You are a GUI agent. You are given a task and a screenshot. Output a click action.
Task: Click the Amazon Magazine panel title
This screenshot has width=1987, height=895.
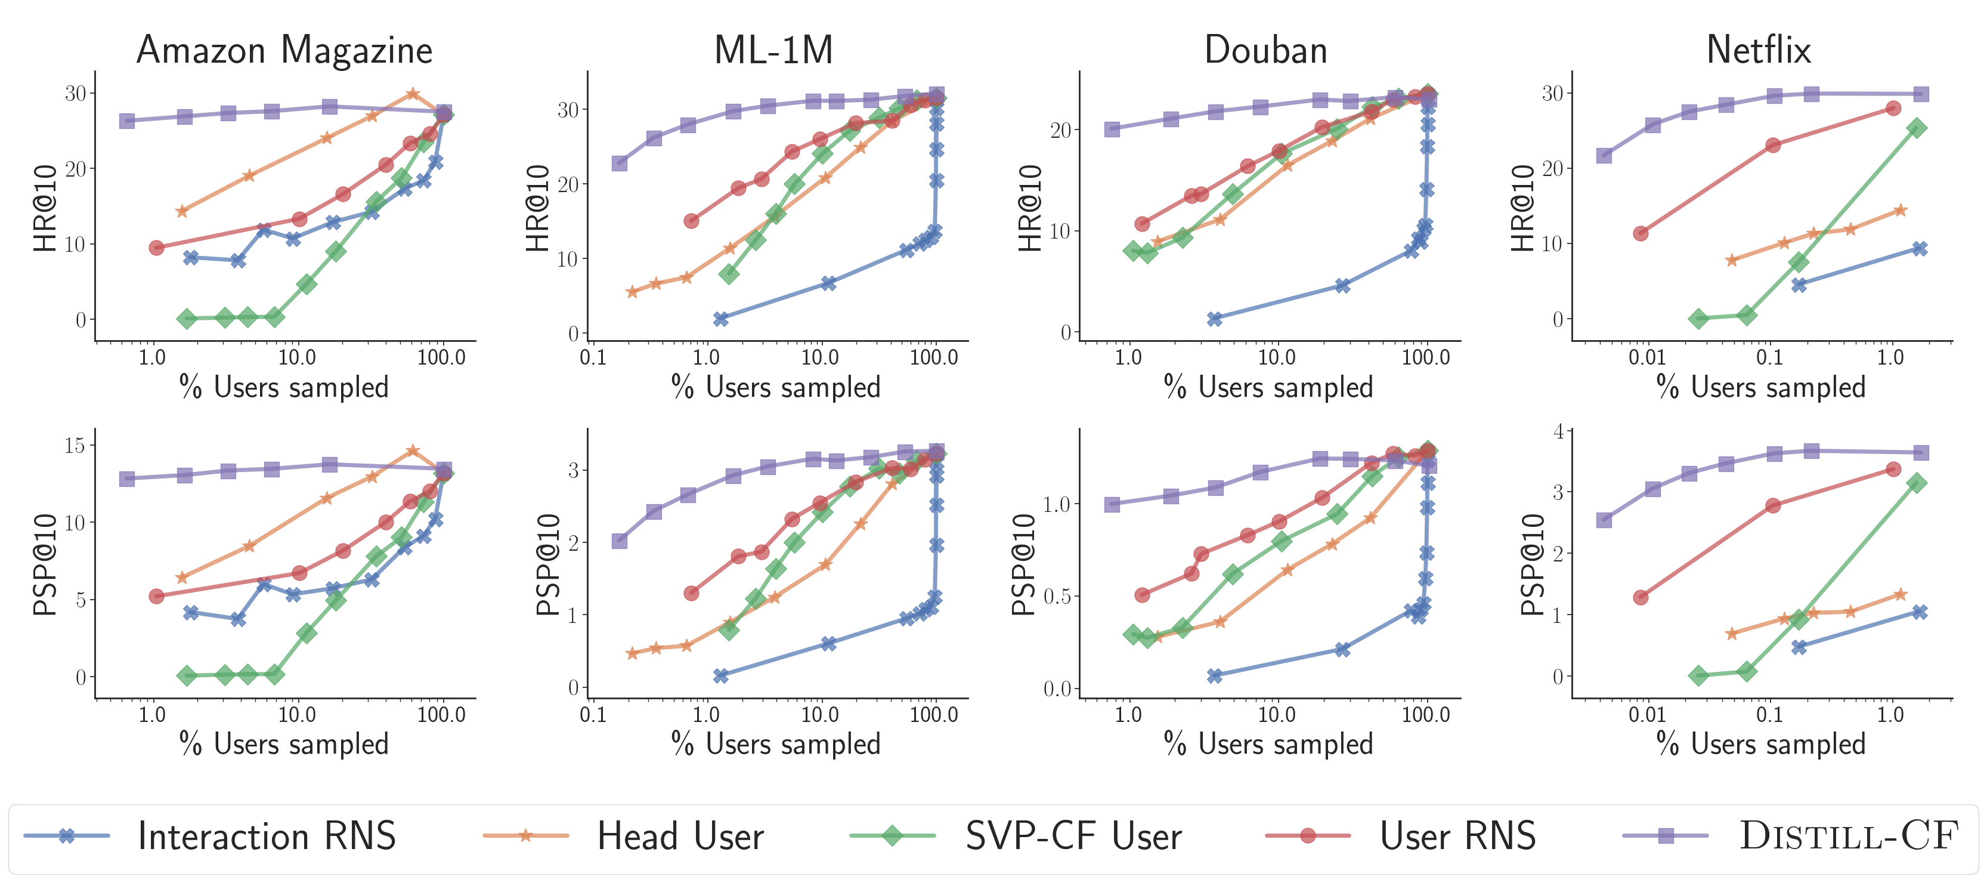click(284, 50)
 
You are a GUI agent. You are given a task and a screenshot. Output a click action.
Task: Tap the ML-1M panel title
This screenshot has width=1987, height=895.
click(773, 50)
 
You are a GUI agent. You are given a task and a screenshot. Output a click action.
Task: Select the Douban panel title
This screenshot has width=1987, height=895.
click(1266, 50)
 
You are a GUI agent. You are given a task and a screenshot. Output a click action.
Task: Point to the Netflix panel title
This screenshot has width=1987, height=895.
click(1759, 50)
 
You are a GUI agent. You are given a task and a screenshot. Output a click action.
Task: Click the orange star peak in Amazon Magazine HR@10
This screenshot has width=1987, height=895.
click(413, 93)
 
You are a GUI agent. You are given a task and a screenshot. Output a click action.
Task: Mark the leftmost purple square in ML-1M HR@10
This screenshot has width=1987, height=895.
click(620, 163)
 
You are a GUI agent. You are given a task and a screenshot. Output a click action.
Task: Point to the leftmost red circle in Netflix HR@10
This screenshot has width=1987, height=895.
click(1641, 233)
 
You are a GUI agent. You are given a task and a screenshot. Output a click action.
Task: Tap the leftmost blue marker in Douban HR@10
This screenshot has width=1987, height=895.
click(1215, 319)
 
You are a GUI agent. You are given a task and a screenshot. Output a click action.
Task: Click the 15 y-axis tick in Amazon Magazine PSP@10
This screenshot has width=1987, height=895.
click(75, 445)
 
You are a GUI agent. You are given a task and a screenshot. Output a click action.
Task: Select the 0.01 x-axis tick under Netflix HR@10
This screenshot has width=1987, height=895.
click(1647, 358)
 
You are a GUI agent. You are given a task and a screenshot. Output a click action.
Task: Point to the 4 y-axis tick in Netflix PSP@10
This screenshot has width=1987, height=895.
click(1558, 431)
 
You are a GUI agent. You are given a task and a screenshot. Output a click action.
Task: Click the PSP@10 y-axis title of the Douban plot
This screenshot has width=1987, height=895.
click(1023, 565)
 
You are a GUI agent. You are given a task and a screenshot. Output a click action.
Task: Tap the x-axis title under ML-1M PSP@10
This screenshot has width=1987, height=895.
click(776, 745)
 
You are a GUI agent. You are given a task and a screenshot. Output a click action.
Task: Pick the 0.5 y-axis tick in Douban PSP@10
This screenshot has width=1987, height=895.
click(1057, 597)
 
